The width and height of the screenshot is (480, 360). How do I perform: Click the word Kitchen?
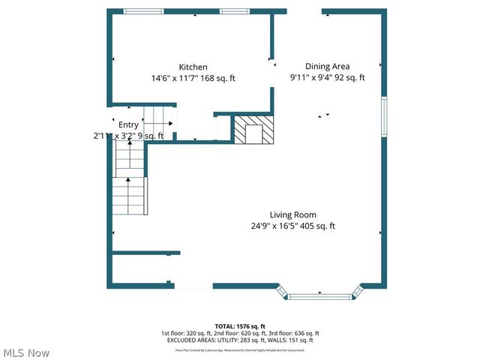click(193, 67)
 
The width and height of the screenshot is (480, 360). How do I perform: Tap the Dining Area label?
click(327, 66)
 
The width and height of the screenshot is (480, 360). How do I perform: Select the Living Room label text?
click(292, 215)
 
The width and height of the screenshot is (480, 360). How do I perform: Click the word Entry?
click(128, 125)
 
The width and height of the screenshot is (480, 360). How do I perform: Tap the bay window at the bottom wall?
click(320, 296)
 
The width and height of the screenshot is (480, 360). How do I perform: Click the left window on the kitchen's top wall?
click(143, 11)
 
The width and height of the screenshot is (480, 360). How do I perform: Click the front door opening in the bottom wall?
click(193, 286)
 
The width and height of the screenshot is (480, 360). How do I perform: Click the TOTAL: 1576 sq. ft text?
click(240, 326)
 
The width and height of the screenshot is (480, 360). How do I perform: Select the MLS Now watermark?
click(26, 352)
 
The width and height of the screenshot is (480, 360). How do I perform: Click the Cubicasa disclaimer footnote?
click(240, 349)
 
